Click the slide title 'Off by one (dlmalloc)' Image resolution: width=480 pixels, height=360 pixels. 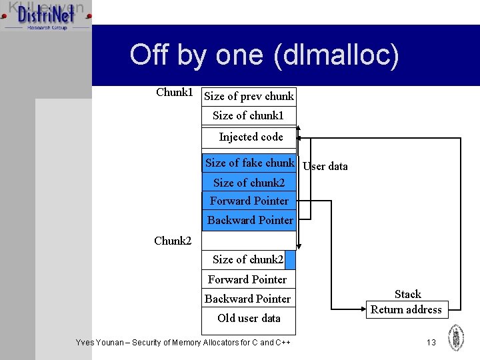[x=264, y=55]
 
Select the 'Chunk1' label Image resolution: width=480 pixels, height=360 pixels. [x=174, y=92]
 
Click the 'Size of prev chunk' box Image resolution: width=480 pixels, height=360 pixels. [x=249, y=96]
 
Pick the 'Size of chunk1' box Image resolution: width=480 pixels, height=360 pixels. [x=249, y=115]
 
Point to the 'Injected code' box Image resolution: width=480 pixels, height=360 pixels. [x=250, y=137]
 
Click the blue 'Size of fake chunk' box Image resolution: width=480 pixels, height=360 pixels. [x=249, y=163]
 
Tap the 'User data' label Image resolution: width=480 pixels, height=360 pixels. [x=325, y=166]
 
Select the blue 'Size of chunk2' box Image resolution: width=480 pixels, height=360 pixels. [x=249, y=183]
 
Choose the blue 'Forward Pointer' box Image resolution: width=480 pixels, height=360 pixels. [x=249, y=201]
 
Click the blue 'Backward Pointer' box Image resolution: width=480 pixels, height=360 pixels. [x=249, y=221]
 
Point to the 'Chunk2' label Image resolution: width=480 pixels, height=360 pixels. [x=173, y=241]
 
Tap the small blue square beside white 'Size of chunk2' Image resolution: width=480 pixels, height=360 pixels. [x=289, y=259]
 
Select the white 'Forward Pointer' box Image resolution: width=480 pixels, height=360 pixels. [x=248, y=279]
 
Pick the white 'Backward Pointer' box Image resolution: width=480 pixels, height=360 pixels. [x=248, y=299]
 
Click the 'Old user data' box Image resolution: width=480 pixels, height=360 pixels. [x=248, y=318]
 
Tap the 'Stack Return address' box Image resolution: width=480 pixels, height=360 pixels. [x=407, y=302]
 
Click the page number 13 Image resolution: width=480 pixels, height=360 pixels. [x=431, y=342]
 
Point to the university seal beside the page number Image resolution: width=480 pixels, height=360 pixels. [x=456, y=337]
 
